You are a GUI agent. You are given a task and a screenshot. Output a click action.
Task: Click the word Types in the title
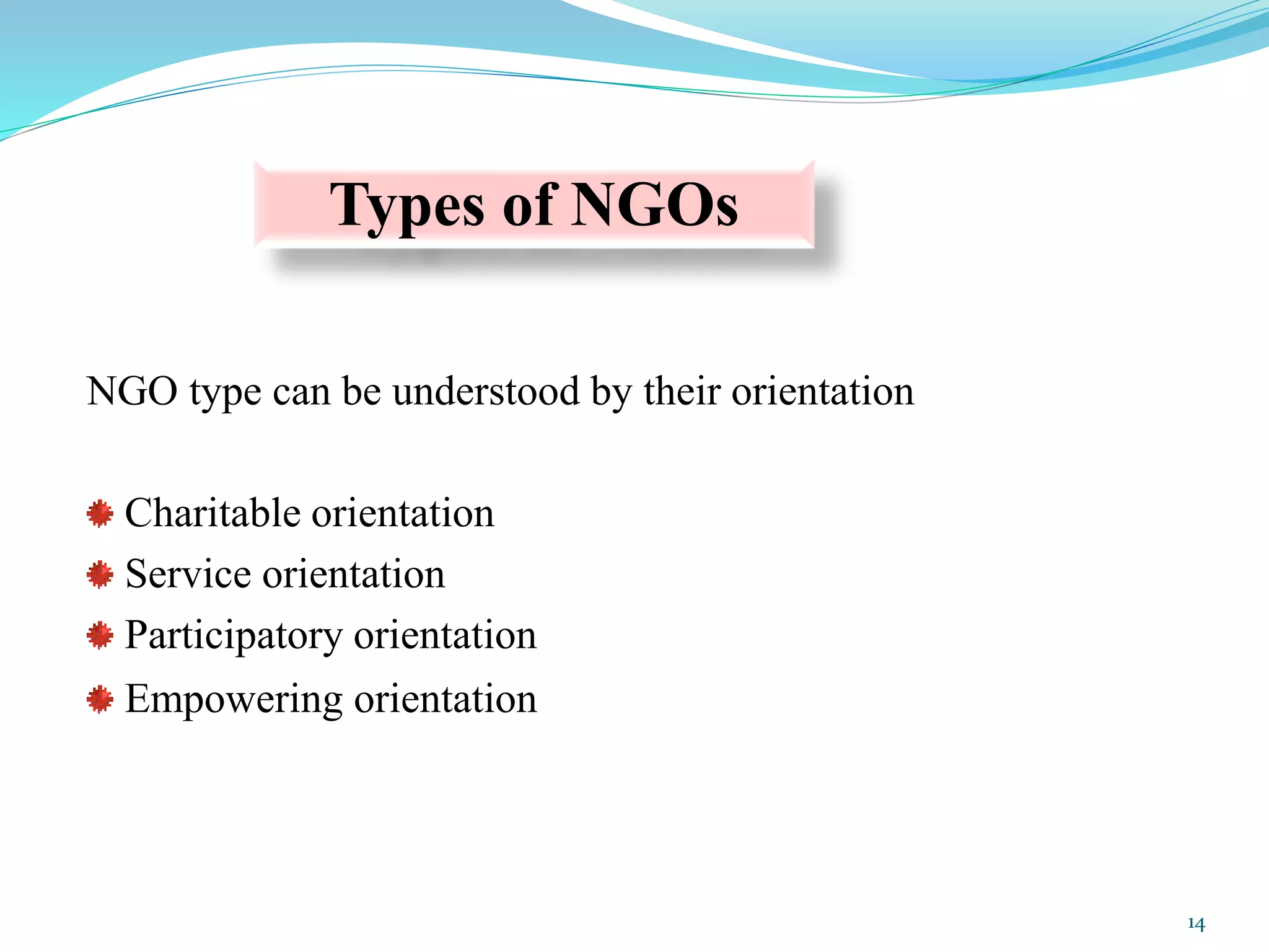pos(406,206)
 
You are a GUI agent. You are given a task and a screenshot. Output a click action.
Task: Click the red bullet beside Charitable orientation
pos(100,514)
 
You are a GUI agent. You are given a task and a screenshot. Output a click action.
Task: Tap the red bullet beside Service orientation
pos(100,575)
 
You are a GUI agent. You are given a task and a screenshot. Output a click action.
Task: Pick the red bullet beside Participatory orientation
pos(100,636)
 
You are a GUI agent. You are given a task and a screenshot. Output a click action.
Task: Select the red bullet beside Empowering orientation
pos(100,699)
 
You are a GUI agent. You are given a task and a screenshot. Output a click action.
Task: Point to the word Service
pos(188,574)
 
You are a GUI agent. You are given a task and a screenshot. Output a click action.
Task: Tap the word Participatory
pos(233,636)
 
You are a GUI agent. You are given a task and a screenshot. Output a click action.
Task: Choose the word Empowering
pos(233,700)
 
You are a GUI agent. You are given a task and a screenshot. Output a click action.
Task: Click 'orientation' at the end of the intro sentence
pos(822,392)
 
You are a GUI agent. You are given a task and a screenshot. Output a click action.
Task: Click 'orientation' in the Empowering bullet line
pos(445,699)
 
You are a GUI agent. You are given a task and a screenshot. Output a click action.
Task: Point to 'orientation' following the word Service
pos(354,574)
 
